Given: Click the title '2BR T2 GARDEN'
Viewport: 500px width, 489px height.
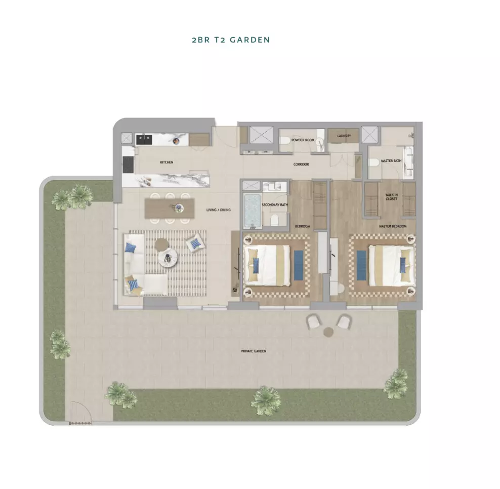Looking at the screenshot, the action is point(231,40).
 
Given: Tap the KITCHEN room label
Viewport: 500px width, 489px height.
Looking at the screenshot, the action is point(166,162).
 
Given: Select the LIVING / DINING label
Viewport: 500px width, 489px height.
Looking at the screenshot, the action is point(219,210).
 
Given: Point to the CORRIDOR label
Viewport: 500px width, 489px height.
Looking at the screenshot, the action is point(301,165).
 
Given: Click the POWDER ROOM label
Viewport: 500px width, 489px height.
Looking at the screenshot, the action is point(303,140).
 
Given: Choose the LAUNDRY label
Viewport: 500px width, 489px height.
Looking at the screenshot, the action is point(344,136).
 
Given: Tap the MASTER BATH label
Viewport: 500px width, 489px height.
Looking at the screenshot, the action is point(391,161).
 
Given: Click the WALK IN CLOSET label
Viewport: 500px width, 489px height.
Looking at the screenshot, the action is point(392,197).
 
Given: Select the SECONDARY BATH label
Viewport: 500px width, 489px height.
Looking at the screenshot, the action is point(275,205).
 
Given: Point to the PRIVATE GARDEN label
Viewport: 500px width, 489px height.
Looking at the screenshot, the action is point(254,351).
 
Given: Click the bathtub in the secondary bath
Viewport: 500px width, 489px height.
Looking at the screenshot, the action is point(253,211).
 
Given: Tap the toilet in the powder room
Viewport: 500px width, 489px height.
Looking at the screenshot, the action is point(285,140).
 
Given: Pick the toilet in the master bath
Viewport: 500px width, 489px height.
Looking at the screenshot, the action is point(373,162).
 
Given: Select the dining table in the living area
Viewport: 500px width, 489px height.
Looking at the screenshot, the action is point(170,208).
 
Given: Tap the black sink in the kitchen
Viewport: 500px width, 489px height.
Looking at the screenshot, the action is point(144,139).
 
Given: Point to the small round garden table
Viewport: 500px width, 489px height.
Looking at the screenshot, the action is point(328,333).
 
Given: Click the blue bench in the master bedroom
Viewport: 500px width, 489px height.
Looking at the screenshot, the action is point(361,265).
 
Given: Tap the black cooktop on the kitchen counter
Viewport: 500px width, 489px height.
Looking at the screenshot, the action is point(128,165).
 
